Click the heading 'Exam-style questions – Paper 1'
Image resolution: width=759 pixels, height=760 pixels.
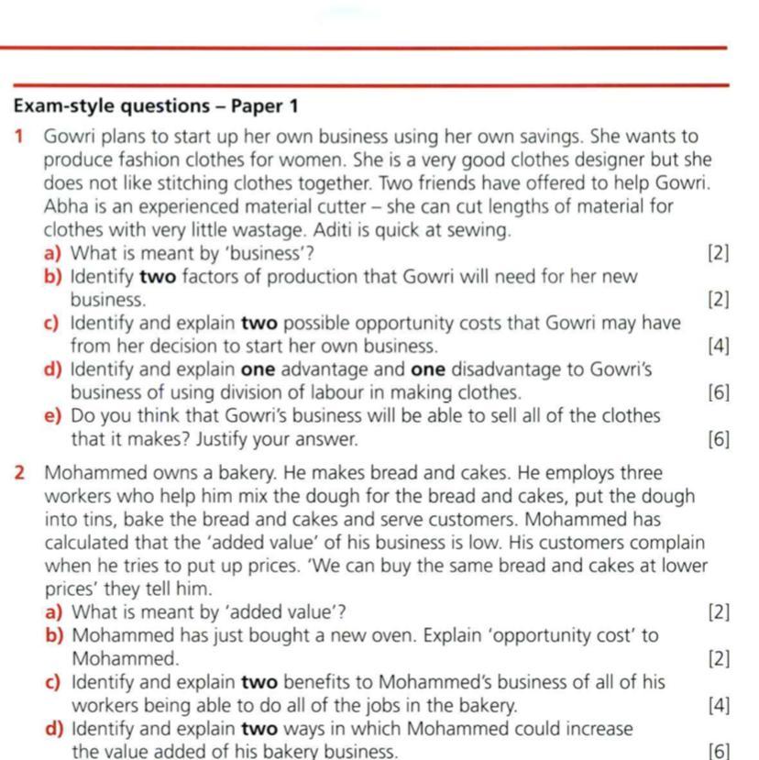pyautogui.click(x=156, y=106)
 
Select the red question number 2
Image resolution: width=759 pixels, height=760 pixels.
pyautogui.click(x=19, y=474)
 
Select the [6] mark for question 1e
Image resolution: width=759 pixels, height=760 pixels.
pyautogui.click(x=719, y=440)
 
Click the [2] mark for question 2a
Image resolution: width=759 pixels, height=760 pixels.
pyautogui.click(x=719, y=612)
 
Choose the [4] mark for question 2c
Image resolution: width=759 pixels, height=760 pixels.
pyautogui.click(x=719, y=706)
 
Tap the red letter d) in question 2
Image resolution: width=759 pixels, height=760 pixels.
pyautogui.click(x=54, y=729)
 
